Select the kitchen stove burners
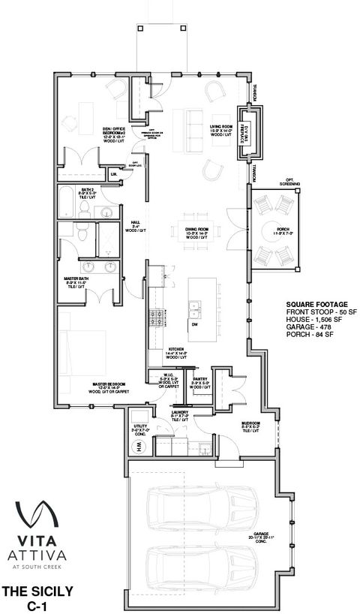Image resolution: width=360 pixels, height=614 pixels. tap(157, 316)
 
